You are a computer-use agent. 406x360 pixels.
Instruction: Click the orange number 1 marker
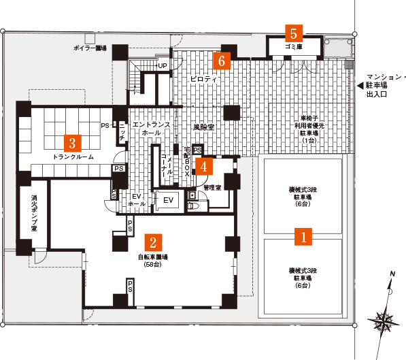(x=303, y=236)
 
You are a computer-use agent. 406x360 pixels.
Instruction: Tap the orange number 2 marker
(x=153, y=242)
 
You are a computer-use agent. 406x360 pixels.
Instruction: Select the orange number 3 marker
(x=73, y=144)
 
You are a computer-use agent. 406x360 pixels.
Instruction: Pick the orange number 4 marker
(x=204, y=167)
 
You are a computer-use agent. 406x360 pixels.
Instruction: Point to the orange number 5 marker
(x=294, y=33)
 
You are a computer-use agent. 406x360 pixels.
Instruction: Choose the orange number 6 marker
(x=222, y=61)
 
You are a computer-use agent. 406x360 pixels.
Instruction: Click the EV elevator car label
(x=168, y=200)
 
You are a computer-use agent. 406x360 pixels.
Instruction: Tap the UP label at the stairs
(x=163, y=66)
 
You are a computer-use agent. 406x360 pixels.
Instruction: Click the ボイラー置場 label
(x=90, y=48)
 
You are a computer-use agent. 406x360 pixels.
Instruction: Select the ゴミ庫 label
(x=294, y=47)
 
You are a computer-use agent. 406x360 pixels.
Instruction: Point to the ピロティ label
(x=203, y=79)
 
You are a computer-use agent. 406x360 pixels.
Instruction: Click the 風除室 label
(x=204, y=127)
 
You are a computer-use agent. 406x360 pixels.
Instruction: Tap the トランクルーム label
(x=73, y=157)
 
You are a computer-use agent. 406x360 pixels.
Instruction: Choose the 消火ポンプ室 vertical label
(x=34, y=213)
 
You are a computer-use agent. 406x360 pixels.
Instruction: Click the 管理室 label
(x=212, y=187)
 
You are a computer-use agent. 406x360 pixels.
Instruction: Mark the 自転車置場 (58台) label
(x=153, y=261)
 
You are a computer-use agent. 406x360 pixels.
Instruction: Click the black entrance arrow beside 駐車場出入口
(x=360, y=86)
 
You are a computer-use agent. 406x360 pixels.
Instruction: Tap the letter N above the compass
(x=393, y=274)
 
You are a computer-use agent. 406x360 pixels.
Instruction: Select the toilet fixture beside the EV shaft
(x=194, y=206)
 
